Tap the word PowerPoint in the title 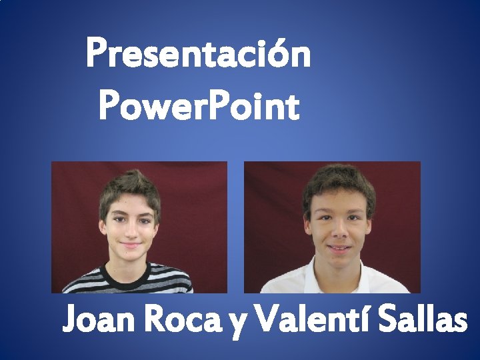198,107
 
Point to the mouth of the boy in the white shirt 339,249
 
